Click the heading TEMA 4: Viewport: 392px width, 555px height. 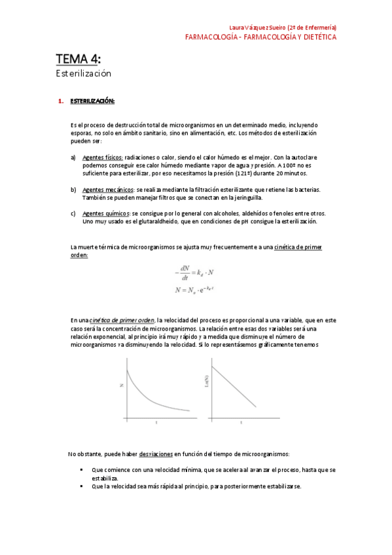tap(78, 60)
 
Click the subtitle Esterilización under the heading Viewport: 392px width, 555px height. tap(83, 74)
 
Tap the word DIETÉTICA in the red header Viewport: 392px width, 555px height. tap(317, 37)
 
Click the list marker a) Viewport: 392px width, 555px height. tap(73, 158)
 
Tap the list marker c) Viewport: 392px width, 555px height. tap(73, 213)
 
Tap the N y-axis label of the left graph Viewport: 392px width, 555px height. tap(122, 386)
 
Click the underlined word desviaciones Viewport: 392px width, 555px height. tap(156, 454)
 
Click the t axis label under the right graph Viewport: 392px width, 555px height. tap(241, 423)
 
